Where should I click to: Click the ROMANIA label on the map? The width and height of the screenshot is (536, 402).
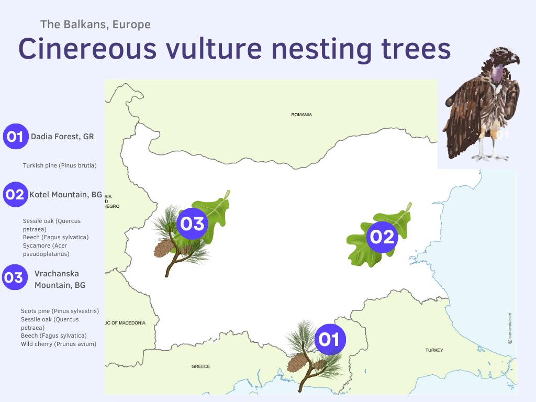(x=301, y=115)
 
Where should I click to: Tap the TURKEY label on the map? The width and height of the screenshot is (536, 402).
(x=434, y=350)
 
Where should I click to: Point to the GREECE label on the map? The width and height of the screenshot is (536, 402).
(x=200, y=366)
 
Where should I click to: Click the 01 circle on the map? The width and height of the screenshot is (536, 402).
(x=329, y=340)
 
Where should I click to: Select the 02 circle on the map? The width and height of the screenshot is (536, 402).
(x=382, y=237)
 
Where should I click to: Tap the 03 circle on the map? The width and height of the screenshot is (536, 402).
(x=192, y=224)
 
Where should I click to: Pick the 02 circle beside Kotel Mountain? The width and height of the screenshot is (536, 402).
(x=15, y=195)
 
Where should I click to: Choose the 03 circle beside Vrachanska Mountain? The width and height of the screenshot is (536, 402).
(x=15, y=277)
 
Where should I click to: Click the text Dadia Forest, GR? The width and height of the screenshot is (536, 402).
(x=62, y=137)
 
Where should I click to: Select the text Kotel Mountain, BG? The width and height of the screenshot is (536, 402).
(x=66, y=195)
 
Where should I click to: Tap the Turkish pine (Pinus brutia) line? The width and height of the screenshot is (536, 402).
(x=60, y=165)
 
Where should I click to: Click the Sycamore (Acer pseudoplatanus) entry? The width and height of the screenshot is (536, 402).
(x=45, y=250)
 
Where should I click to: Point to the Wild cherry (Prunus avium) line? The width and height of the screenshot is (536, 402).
(x=59, y=344)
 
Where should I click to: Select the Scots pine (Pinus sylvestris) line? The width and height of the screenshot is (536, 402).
(x=60, y=311)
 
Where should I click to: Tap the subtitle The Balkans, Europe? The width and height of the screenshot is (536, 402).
(x=95, y=24)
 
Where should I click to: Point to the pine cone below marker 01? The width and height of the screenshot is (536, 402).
(x=297, y=362)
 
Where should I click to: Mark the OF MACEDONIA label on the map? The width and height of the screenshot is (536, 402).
(x=126, y=323)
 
